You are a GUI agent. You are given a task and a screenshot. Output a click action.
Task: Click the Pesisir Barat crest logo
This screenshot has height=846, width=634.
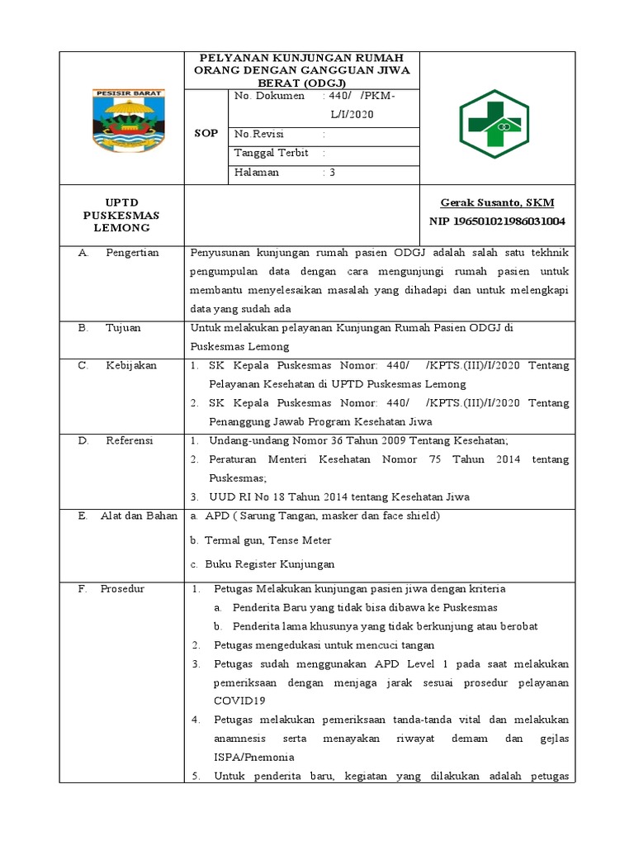[x=123, y=116]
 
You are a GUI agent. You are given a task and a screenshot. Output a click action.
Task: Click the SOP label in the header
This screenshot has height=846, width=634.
[x=206, y=134]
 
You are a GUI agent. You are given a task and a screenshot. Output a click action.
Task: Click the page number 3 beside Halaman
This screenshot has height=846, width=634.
[x=332, y=173]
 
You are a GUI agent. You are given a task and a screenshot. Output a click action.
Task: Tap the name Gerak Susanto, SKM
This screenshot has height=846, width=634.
[x=497, y=202]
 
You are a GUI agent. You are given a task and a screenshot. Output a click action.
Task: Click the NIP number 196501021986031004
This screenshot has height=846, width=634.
[x=497, y=221]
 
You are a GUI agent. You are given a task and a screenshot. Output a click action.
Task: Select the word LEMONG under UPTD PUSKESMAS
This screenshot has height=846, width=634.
[x=121, y=227]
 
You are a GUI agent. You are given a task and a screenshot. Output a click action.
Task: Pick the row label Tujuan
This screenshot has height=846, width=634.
[x=124, y=328]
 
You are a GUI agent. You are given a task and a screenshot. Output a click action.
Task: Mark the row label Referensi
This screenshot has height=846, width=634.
[x=130, y=441]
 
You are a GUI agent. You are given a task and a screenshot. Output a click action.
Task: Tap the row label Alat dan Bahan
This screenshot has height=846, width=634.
[x=139, y=516]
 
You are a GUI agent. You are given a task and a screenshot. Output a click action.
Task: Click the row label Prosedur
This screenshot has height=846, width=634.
[x=122, y=589]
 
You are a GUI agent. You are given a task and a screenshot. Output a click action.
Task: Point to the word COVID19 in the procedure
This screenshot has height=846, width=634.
[x=240, y=701]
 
